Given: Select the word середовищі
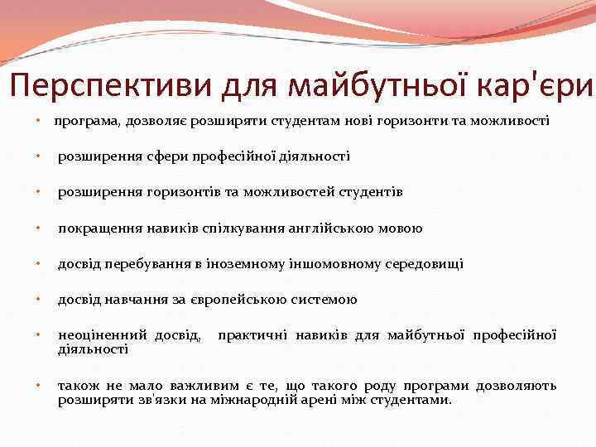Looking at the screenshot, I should pyautogui.click(x=423, y=264).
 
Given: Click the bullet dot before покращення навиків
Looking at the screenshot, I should pyautogui.click(x=40, y=228).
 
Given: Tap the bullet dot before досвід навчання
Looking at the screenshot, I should pyautogui.click(x=40, y=300).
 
